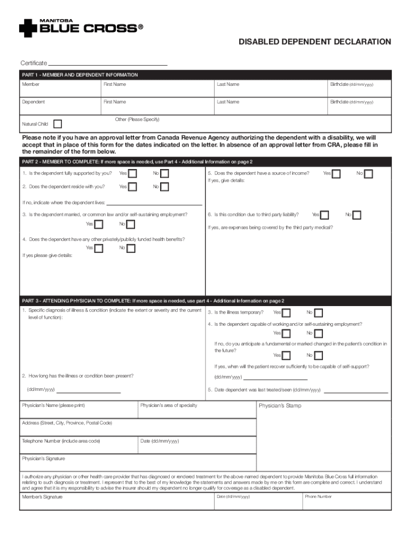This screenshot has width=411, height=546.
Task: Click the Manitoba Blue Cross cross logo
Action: pyautogui.click(x=28, y=28)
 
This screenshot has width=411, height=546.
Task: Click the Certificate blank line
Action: pyautogui.click(x=108, y=64)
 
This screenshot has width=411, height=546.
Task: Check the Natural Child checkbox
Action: pyautogui.click(x=58, y=124)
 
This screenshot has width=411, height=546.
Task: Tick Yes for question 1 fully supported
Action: pyautogui.click(x=132, y=173)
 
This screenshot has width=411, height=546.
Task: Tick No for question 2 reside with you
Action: pyautogui.click(x=165, y=187)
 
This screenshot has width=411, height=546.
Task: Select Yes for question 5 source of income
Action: pyautogui.click(x=336, y=174)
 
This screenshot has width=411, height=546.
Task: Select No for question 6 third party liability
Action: pyautogui.click(x=357, y=215)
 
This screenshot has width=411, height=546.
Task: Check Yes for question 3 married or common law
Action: pyautogui.click(x=99, y=224)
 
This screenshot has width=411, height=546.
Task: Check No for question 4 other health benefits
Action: pyautogui.click(x=131, y=248)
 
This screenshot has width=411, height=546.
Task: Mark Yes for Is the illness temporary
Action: pyautogui.click(x=287, y=313)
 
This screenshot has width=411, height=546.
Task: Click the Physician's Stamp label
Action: pyautogui.click(x=280, y=406)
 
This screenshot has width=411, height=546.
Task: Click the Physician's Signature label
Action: pyautogui.click(x=43, y=459)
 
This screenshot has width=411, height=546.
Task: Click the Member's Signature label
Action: pyautogui.click(x=42, y=497)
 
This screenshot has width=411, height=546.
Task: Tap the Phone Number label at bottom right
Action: pyautogui.click(x=318, y=496)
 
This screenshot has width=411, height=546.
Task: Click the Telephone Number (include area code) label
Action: pyautogui.click(x=61, y=441)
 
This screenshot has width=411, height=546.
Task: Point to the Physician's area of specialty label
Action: pyautogui.click(x=169, y=406)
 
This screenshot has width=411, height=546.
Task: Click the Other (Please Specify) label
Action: pyautogui.click(x=137, y=119)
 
